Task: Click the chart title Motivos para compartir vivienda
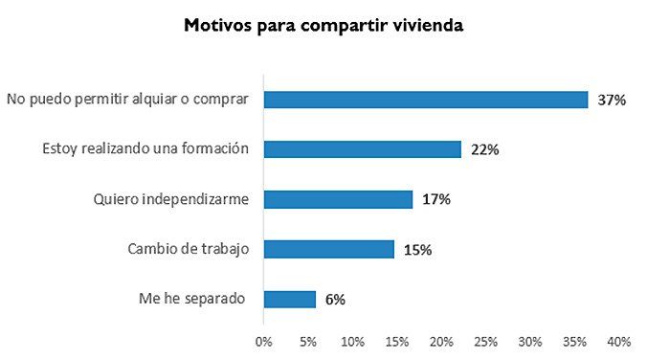[323, 26]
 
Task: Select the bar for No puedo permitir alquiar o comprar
[425, 99]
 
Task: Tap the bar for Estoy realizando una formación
[362, 149]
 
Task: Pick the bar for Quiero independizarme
[338, 199]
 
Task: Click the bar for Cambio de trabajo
[328, 249]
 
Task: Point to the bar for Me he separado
[289, 299]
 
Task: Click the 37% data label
[611, 100]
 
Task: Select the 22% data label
[485, 150]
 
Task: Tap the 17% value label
[435, 200]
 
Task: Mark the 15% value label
[417, 250]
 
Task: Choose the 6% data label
[335, 300]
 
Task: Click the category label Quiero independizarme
[171, 199]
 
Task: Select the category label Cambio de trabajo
[188, 249]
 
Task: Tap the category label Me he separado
[192, 299]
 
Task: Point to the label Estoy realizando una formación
[146, 149]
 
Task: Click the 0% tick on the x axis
[263, 341]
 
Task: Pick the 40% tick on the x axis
[618, 341]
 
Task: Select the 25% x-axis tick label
[485, 341]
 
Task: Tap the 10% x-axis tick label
[351, 341]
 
